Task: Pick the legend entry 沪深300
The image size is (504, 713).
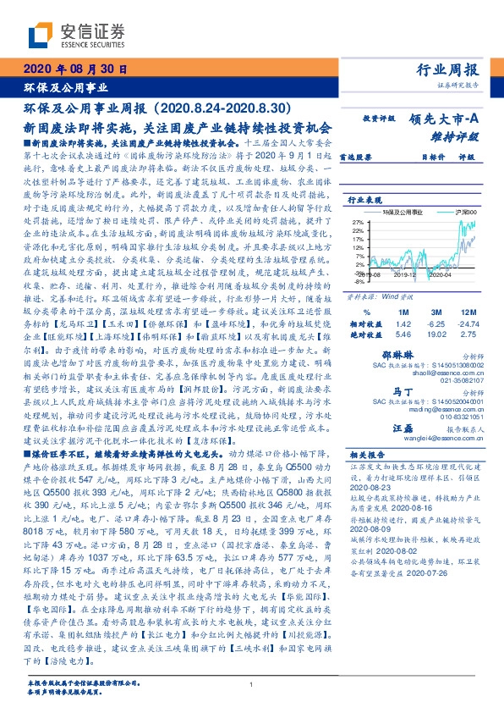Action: click(465, 212)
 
